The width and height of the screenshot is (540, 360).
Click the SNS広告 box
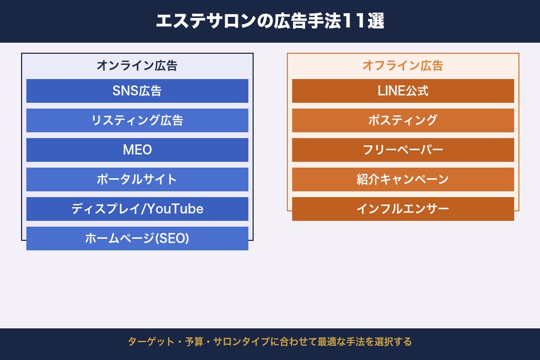pyautogui.click(x=137, y=91)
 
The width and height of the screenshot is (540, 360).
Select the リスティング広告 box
pyautogui.click(x=137, y=120)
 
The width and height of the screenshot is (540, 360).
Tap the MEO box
pyautogui.click(x=137, y=150)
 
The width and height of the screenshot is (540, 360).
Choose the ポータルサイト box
pyautogui.click(x=137, y=179)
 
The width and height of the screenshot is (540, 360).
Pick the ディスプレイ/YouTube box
pyautogui.click(x=137, y=209)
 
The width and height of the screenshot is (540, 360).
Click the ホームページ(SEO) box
pyautogui.click(x=137, y=238)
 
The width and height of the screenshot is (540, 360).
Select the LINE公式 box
pyautogui.click(x=403, y=91)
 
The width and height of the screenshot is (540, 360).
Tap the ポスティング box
pyautogui.click(x=403, y=120)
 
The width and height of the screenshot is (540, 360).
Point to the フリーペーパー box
pyautogui.click(x=403, y=150)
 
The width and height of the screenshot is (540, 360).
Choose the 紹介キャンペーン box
pyautogui.click(x=403, y=179)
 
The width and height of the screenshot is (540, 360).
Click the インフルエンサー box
pyautogui.click(x=403, y=209)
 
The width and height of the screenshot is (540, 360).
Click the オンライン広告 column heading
pyautogui.click(x=137, y=66)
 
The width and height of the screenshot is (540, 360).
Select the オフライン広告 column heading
pyautogui.click(x=403, y=66)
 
